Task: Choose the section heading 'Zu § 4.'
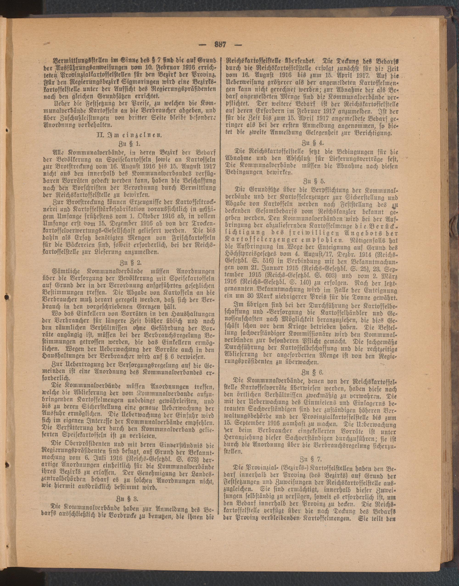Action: tap(313, 143)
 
